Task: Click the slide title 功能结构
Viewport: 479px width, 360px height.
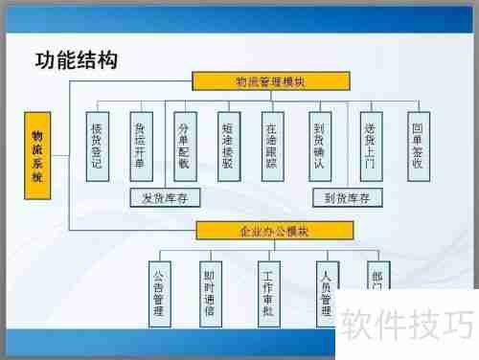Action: pos(77,61)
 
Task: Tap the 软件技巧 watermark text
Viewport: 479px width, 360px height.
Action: pos(406,328)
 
